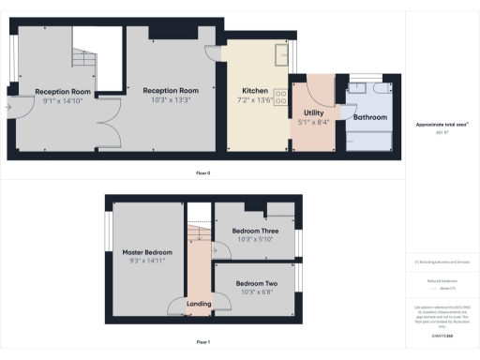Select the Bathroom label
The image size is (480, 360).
click(369, 117)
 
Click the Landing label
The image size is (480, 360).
click(198, 304)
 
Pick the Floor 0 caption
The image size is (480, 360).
click(202, 173)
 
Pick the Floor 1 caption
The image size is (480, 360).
click(202, 343)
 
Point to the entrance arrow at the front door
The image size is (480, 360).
click(7, 107)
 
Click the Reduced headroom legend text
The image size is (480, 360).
click(441, 279)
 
